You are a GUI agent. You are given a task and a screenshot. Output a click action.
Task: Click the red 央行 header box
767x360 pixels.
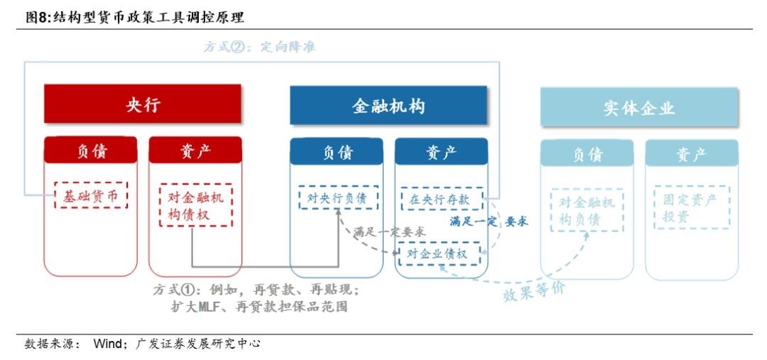143,105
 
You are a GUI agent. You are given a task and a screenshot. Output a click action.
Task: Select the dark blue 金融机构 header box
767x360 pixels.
388,106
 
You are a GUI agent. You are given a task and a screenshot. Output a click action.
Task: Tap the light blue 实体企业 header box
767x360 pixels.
639,107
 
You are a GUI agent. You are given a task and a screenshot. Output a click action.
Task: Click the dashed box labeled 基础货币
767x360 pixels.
90,195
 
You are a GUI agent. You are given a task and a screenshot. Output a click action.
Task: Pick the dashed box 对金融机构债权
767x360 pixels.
195,206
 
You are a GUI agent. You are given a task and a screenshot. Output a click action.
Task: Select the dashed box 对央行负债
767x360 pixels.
337,198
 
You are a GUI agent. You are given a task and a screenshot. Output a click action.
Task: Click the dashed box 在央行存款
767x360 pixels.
441,200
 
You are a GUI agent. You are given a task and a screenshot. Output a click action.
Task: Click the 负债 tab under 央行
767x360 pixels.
90,151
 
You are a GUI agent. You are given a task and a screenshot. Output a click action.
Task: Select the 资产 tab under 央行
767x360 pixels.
195,151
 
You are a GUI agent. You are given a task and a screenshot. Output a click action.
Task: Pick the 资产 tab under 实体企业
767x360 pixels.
691,153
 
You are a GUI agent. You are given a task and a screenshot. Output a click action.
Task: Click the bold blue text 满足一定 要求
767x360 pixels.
489,222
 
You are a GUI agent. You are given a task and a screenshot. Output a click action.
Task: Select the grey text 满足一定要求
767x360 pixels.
389,231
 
